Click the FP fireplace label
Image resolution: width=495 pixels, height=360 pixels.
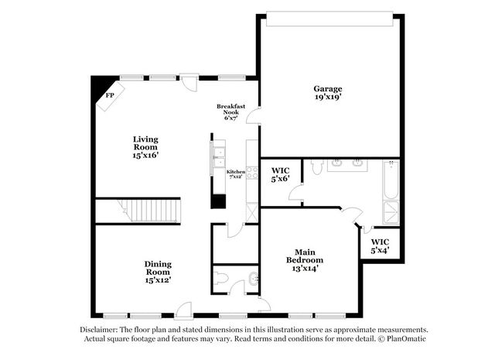pos(110,95)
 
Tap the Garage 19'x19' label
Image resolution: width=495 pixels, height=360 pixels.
pos(328,93)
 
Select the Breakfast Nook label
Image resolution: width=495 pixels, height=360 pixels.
pos(230,109)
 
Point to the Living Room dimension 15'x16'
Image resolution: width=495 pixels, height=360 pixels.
pos(145,155)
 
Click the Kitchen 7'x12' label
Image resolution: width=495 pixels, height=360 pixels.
pos(235,174)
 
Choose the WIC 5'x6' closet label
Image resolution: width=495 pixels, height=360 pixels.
pos(280,175)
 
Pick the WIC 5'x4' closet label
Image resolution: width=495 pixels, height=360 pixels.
pos(380,246)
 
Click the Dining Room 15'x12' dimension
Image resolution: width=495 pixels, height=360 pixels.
pos(158,279)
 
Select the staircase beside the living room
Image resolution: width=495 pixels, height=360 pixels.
pos(149,211)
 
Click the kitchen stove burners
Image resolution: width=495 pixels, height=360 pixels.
pos(252,173)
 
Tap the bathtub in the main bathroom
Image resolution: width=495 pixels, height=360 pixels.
pos(391,180)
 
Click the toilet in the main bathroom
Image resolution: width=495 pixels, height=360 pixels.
pos(316,166)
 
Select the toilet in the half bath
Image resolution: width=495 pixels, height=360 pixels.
pos(220,279)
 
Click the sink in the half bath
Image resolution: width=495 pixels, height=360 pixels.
pos(253,279)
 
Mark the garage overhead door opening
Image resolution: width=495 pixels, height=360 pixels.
pos(329,19)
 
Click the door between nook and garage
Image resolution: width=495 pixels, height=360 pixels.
pos(253,115)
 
